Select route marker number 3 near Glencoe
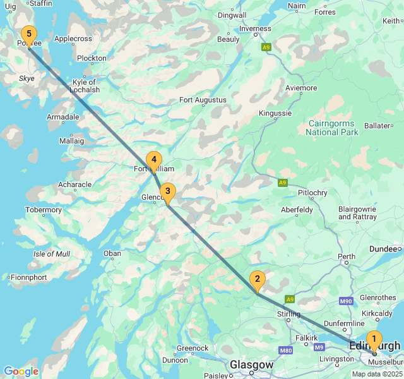click(x=167, y=191)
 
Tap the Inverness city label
click(x=255, y=28)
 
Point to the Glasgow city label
click(x=251, y=365)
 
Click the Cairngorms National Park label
click(x=332, y=128)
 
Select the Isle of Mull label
click(x=52, y=254)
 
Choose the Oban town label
click(x=112, y=253)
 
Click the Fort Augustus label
click(x=203, y=100)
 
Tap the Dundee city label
click(x=384, y=249)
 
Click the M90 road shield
click(x=345, y=301)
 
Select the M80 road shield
click(x=285, y=350)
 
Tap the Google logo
click(x=21, y=371)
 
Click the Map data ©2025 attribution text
click(x=377, y=374)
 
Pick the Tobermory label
click(x=44, y=210)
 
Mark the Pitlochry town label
click(x=312, y=192)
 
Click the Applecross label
click(x=73, y=39)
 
